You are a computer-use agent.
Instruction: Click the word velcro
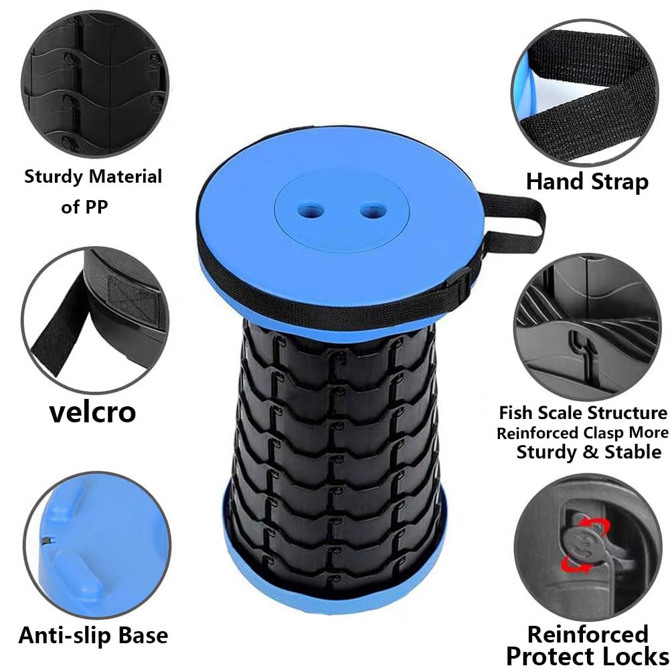coord(92,412)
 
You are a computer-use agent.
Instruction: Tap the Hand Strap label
coord(587,181)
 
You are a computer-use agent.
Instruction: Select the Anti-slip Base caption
coord(93,635)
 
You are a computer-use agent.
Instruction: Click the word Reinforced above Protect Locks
coord(588,634)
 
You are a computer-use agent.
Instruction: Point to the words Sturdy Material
coord(93,177)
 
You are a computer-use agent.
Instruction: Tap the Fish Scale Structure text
coord(583,412)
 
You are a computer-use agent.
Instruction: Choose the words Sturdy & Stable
coord(588,452)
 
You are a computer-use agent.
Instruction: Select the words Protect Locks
coord(588,655)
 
